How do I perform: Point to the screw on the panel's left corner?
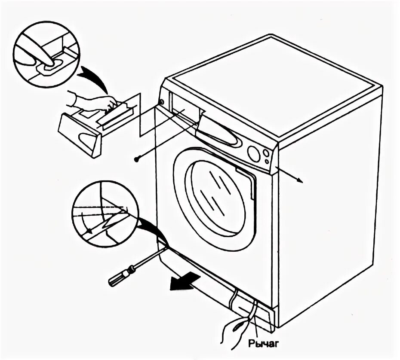161,102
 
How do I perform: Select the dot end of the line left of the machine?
136,159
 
